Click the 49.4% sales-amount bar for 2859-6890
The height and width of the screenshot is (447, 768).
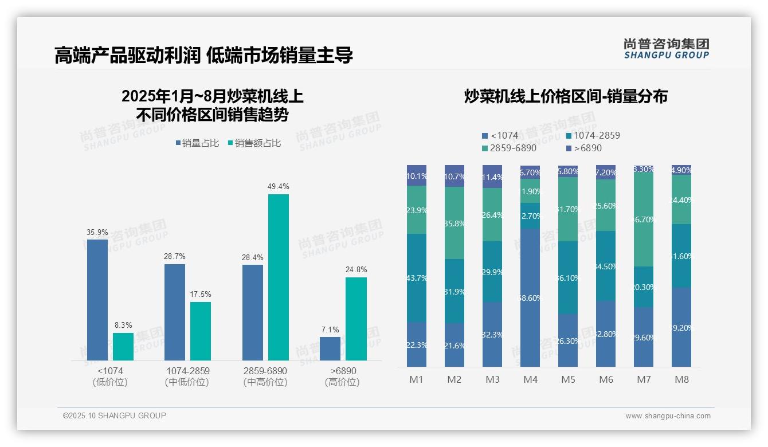coord(279,277)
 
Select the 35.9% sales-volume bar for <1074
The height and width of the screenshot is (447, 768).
coord(97,300)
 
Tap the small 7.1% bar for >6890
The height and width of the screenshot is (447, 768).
coord(330,348)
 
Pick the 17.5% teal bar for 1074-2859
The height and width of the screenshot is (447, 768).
coord(201,331)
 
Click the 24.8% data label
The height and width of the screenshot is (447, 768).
coord(356,269)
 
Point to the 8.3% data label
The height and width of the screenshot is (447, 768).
coord(123,325)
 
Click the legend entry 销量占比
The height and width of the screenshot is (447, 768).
coord(197,143)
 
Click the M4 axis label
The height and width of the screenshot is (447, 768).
coord(530,379)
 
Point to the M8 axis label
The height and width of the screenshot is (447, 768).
coord(681,379)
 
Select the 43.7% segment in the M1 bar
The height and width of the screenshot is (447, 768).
coord(417,278)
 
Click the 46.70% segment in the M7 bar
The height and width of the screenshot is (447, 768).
coord(644,219)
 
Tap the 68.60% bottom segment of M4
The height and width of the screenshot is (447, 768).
coord(530,298)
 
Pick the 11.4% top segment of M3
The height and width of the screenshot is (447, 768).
coord(492,177)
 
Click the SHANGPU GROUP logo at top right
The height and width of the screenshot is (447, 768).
coord(666,49)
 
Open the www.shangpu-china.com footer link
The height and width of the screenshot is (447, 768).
coord(668,416)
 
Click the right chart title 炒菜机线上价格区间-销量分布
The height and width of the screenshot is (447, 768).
coord(566,97)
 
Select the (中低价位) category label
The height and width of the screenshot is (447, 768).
coord(187,382)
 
